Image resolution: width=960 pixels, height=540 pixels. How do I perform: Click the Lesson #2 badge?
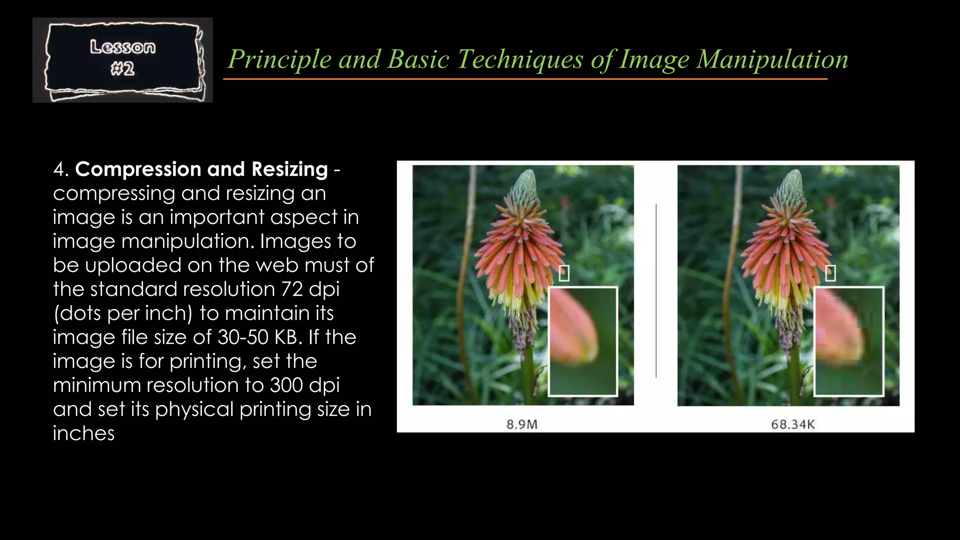click(x=123, y=60)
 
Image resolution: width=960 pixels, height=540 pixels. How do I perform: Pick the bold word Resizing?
click(x=289, y=169)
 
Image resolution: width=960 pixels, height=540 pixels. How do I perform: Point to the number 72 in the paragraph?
click(x=292, y=289)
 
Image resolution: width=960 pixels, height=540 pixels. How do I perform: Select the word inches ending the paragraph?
click(x=83, y=434)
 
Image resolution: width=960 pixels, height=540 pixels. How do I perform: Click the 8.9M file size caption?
click(x=522, y=425)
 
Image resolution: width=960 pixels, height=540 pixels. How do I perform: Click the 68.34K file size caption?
click(x=793, y=425)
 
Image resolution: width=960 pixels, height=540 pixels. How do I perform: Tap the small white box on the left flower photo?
click(x=564, y=273)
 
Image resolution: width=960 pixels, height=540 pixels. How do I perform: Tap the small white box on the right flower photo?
click(x=830, y=273)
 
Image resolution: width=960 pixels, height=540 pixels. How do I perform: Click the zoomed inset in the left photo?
click(x=583, y=341)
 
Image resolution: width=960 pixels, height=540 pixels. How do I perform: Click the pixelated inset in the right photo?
click(x=848, y=341)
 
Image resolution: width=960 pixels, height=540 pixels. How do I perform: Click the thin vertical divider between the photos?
click(x=656, y=291)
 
